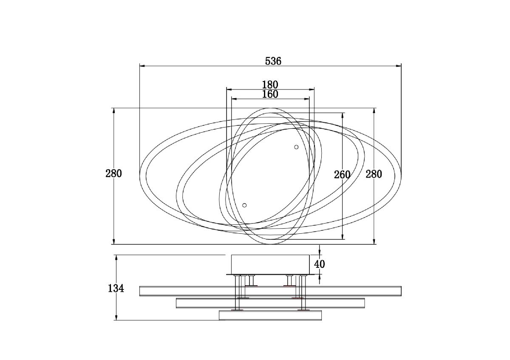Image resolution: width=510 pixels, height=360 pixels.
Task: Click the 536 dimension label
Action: pos(273,61)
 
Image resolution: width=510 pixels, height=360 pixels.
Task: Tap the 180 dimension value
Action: pos(270,85)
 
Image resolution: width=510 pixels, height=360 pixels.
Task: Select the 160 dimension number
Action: pos(270,94)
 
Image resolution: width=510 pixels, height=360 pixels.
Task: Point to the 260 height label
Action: pos(342,175)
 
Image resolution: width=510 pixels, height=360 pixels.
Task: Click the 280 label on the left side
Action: pos(113,173)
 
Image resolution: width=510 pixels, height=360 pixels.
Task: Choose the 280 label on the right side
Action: pos(374,174)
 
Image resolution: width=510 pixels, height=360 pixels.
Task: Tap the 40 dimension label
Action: pos(320,264)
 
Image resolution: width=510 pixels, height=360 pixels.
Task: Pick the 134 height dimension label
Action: pos(116,289)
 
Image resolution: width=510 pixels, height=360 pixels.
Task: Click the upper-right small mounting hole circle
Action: pos(296,147)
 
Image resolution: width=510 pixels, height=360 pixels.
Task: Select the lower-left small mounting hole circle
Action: pos(244,205)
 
